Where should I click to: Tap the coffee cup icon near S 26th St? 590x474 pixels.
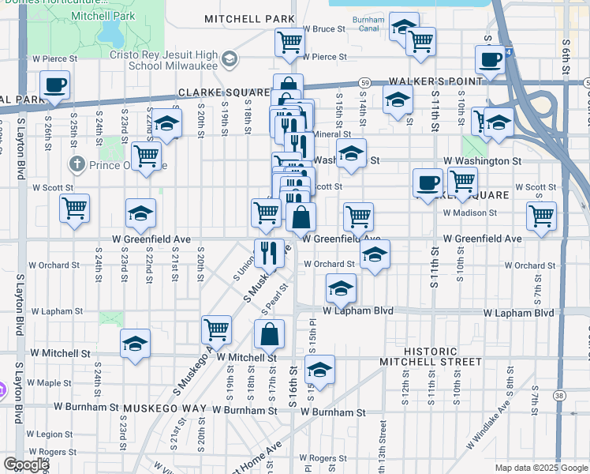coord(54,85)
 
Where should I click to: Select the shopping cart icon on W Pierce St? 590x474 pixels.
coord(289,42)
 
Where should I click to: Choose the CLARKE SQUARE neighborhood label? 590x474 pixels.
coord(214,92)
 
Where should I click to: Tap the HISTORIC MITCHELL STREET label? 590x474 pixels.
coord(430,356)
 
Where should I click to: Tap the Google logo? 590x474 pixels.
coord(25,465)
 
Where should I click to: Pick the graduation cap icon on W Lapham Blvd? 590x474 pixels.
coord(341,288)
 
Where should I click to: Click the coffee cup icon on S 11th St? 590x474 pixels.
coord(428,182)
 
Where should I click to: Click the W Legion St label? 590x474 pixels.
coord(49,434)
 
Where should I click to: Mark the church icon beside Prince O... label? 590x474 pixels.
coord(76,165)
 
